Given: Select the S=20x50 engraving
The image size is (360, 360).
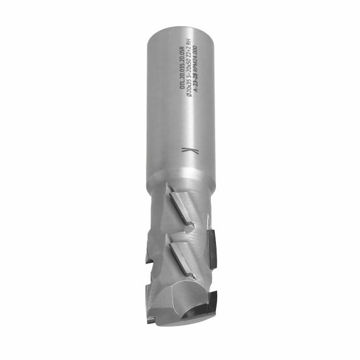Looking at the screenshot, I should click(x=191, y=70).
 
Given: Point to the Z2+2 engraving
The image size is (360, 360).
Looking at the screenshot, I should click(x=191, y=50).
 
